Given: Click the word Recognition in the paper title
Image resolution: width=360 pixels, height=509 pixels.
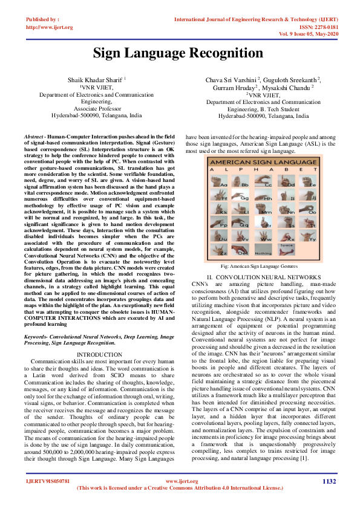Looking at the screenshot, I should click(225, 53).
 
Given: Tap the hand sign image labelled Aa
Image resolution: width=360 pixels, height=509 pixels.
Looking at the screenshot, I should click(223, 180).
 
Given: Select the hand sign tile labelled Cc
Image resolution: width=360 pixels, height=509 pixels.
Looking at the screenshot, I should click(269, 180).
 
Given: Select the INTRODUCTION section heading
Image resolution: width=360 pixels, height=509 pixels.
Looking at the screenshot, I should click(100, 354).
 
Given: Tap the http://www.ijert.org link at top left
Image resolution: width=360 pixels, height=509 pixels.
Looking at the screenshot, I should click(50, 27).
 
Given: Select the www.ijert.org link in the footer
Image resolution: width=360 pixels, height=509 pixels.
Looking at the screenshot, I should click(179, 481).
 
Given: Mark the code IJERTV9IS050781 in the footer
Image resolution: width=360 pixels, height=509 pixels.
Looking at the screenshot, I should click(48, 481).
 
